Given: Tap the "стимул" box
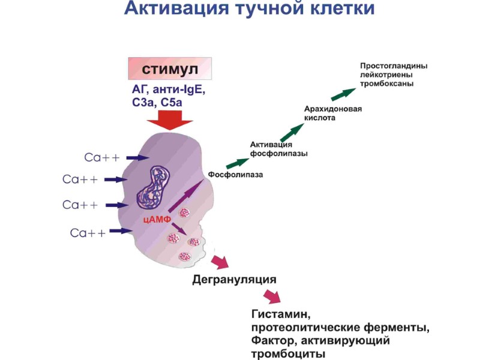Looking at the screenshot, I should point(170,69).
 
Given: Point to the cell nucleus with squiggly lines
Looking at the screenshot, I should point(154,185).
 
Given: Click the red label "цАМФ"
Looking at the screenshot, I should point(157,219).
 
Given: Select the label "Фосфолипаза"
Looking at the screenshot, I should point(235,175).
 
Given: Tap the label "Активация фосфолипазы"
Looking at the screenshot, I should point(278,149).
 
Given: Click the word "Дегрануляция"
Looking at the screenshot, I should point(234,280).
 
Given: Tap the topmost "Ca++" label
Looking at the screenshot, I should point(102,157).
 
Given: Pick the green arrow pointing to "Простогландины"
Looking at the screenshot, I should point(344,94).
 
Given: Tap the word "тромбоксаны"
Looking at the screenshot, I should point(387,83).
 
